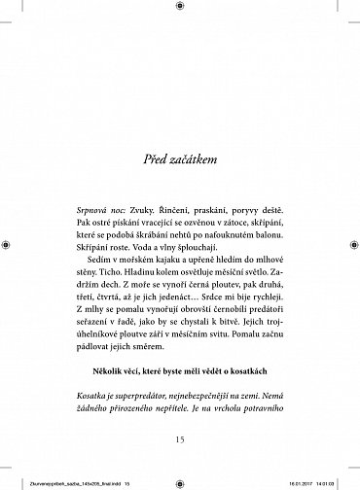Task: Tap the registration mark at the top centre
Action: click(180, 8)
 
